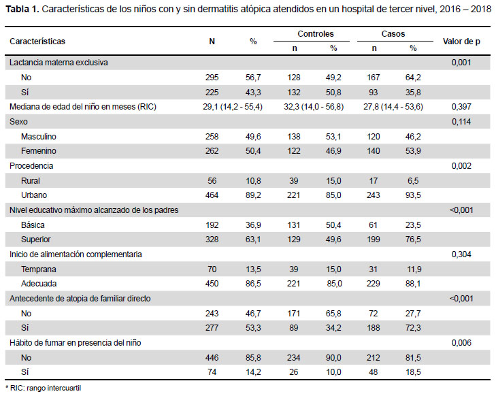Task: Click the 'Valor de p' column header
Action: [x=461, y=42]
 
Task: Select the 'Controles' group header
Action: [x=316, y=34]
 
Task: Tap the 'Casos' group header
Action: [x=393, y=34]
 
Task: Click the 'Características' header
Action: [x=37, y=42]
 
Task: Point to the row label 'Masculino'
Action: [x=39, y=137]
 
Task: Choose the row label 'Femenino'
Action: [x=39, y=151]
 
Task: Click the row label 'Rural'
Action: [x=31, y=181]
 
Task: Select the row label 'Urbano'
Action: [x=34, y=195]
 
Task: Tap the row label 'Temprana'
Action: [x=39, y=269]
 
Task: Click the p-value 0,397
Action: [x=461, y=107]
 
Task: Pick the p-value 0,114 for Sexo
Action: [x=461, y=122]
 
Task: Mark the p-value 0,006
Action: [x=461, y=343]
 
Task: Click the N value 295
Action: [x=212, y=78]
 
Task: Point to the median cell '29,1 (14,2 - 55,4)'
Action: [x=233, y=107]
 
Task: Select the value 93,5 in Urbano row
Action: [x=413, y=195]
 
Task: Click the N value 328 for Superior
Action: [x=212, y=240]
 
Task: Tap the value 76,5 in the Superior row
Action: [x=413, y=240]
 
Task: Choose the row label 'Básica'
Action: [x=33, y=225]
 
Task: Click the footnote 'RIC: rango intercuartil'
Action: [x=46, y=388]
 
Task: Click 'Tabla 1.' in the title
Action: [x=22, y=9]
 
